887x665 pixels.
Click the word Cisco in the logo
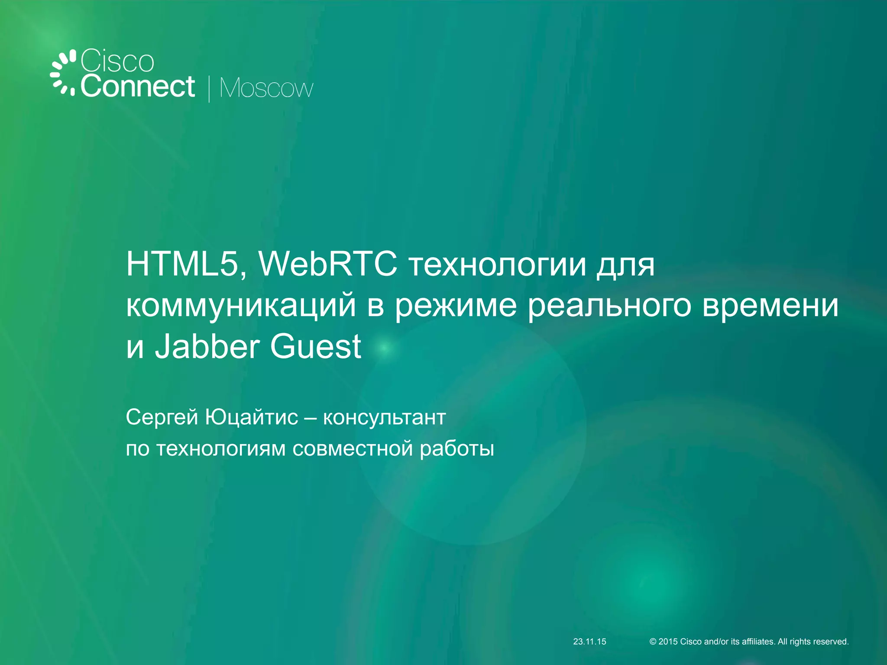click(117, 61)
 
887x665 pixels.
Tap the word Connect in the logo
click(138, 87)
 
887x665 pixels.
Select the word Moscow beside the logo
click(266, 89)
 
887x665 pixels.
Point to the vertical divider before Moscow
click(209, 89)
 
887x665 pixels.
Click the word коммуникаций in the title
click(241, 306)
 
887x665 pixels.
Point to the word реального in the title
click(609, 306)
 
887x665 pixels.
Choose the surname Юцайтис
click(252, 417)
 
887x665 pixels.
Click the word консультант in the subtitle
click(385, 417)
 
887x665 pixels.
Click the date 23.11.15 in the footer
click(589, 642)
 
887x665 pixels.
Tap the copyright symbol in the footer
click(653, 642)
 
